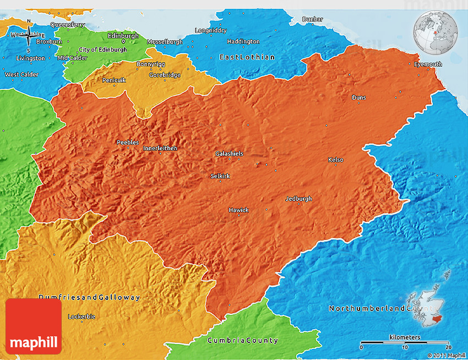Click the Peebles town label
coord(128,143)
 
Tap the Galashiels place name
coord(229,154)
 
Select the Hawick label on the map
coord(238,210)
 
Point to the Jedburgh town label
coord(298,199)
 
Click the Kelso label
coord(335,160)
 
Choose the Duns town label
coord(358,97)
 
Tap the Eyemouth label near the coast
coord(428,64)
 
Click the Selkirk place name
coord(220,176)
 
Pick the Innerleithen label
coord(160,148)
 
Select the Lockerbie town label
coord(81,317)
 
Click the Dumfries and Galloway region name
coord(89,297)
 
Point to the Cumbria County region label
coord(243,341)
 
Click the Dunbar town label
coord(312,19)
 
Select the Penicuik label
coord(114,80)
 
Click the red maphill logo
coord(34,326)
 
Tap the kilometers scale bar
coord(404,342)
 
